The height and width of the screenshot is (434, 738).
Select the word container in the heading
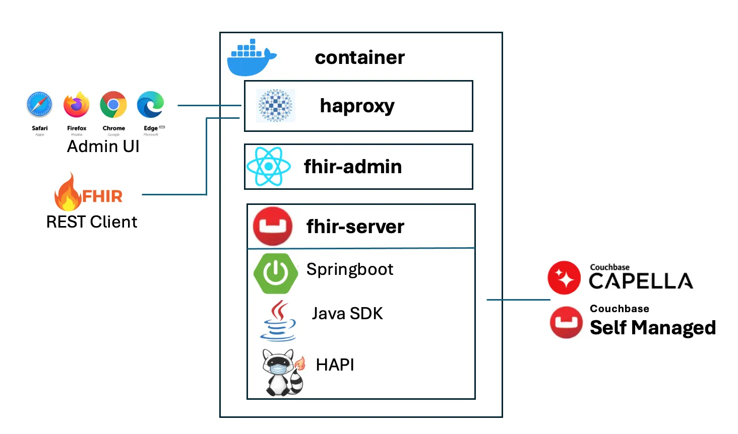[x=359, y=57]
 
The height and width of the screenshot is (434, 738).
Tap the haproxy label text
[x=357, y=106]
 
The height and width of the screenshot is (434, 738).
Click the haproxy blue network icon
[x=275, y=106]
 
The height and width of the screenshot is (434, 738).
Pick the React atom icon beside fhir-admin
[x=269, y=167]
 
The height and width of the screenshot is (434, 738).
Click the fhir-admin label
[x=353, y=167]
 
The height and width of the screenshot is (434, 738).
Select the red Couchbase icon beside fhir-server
[x=273, y=226]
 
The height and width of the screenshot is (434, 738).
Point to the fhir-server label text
[x=355, y=227]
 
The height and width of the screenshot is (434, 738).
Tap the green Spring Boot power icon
[x=275, y=273]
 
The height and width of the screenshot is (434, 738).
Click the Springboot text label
[x=349, y=269]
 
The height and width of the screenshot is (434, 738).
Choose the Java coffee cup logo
[x=278, y=321]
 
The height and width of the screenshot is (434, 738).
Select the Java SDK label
[x=347, y=314]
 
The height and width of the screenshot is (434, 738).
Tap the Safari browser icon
[x=39, y=105]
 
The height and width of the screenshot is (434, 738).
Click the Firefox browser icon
[x=76, y=105]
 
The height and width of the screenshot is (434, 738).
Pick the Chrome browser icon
[x=113, y=105]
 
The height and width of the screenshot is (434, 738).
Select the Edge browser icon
[x=151, y=105]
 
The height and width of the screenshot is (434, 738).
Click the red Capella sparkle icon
[x=564, y=277]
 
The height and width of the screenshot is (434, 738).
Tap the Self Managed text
[x=652, y=327]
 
